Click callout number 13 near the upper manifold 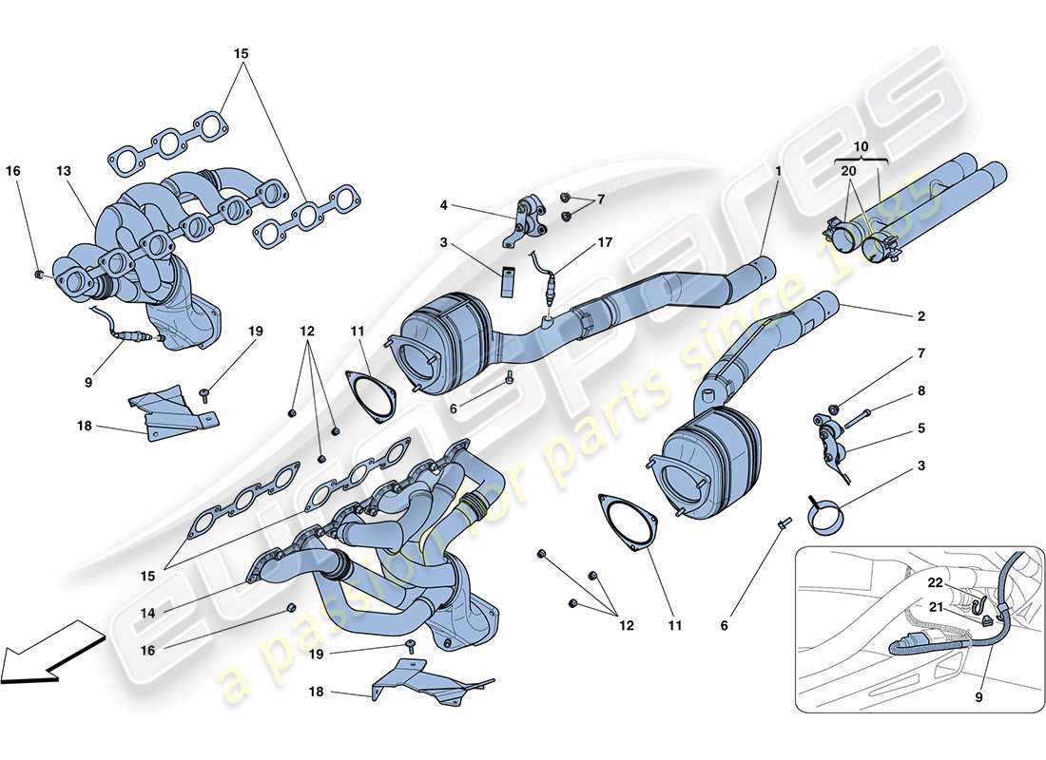(64, 171)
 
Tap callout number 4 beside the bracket (443, 204)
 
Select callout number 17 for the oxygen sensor (605, 242)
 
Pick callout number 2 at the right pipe (920, 316)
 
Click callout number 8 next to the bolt (920, 390)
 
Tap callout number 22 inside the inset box (936, 582)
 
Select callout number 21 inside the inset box (936, 605)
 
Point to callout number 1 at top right (777, 171)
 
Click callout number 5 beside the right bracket (920, 428)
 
